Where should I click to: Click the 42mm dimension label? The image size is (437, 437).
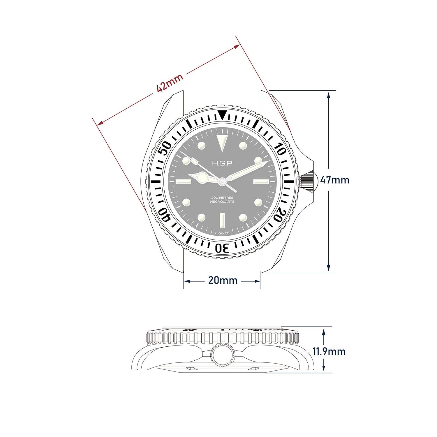(170, 83)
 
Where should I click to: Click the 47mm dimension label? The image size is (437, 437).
(334, 180)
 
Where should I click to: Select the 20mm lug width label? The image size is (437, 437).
(223, 281)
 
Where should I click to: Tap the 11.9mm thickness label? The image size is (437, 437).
(329, 351)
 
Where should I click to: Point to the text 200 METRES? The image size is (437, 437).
(222, 198)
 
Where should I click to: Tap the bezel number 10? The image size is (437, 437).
(280, 149)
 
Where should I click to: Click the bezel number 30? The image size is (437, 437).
(222, 248)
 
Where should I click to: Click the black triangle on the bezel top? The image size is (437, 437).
(223, 115)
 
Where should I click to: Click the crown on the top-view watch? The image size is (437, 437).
(308, 181)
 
